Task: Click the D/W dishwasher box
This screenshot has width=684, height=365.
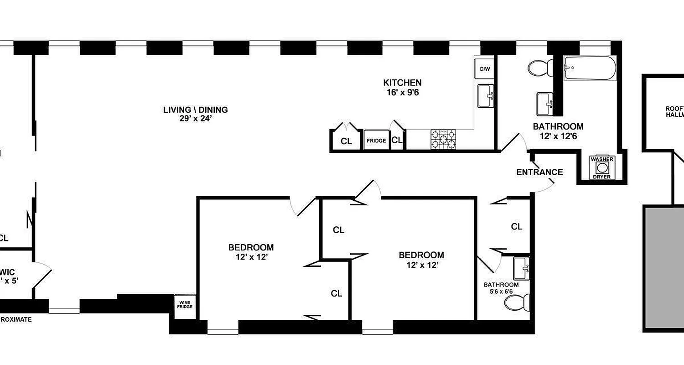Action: pyautogui.click(x=484, y=69)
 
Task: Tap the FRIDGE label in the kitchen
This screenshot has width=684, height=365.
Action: pyautogui.click(x=376, y=141)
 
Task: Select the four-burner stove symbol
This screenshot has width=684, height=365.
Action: pyautogui.click(x=443, y=139)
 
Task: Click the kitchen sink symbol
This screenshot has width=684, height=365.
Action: pyautogui.click(x=486, y=96)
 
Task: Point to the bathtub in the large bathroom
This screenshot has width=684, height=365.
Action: pyautogui.click(x=589, y=68)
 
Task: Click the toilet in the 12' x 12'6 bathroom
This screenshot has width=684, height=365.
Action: pyautogui.click(x=539, y=68)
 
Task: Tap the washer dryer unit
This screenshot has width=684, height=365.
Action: pyautogui.click(x=602, y=168)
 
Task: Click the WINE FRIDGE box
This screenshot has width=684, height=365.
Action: pyautogui.click(x=185, y=304)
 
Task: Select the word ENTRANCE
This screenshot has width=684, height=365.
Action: pyautogui.click(x=539, y=172)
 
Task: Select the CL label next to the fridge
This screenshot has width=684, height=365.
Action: pyautogui.click(x=397, y=141)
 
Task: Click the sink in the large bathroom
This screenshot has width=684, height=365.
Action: pyautogui.click(x=545, y=104)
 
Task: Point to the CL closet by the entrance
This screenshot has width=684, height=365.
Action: pyautogui.click(x=516, y=226)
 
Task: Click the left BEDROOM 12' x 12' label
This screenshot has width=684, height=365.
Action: pyautogui.click(x=251, y=252)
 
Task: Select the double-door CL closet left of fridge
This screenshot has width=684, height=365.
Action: pyautogui.click(x=346, y=141)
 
